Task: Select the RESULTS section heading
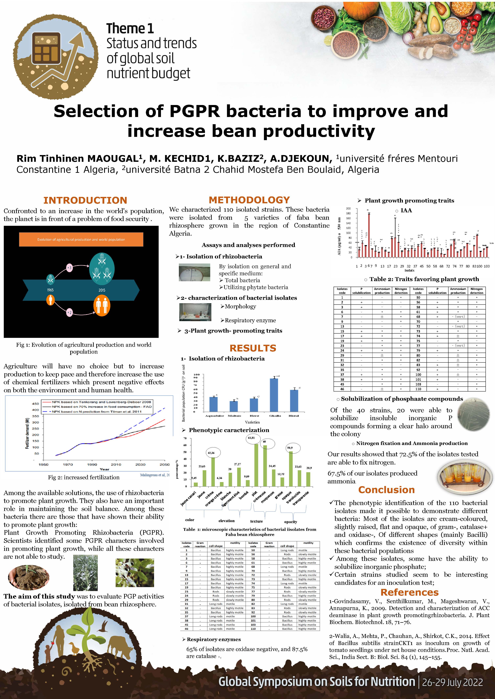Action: click(253, 348)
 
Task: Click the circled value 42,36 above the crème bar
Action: click(211, 453)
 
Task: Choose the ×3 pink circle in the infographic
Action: click(69, 268)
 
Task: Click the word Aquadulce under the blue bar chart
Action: click(215, 416)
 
